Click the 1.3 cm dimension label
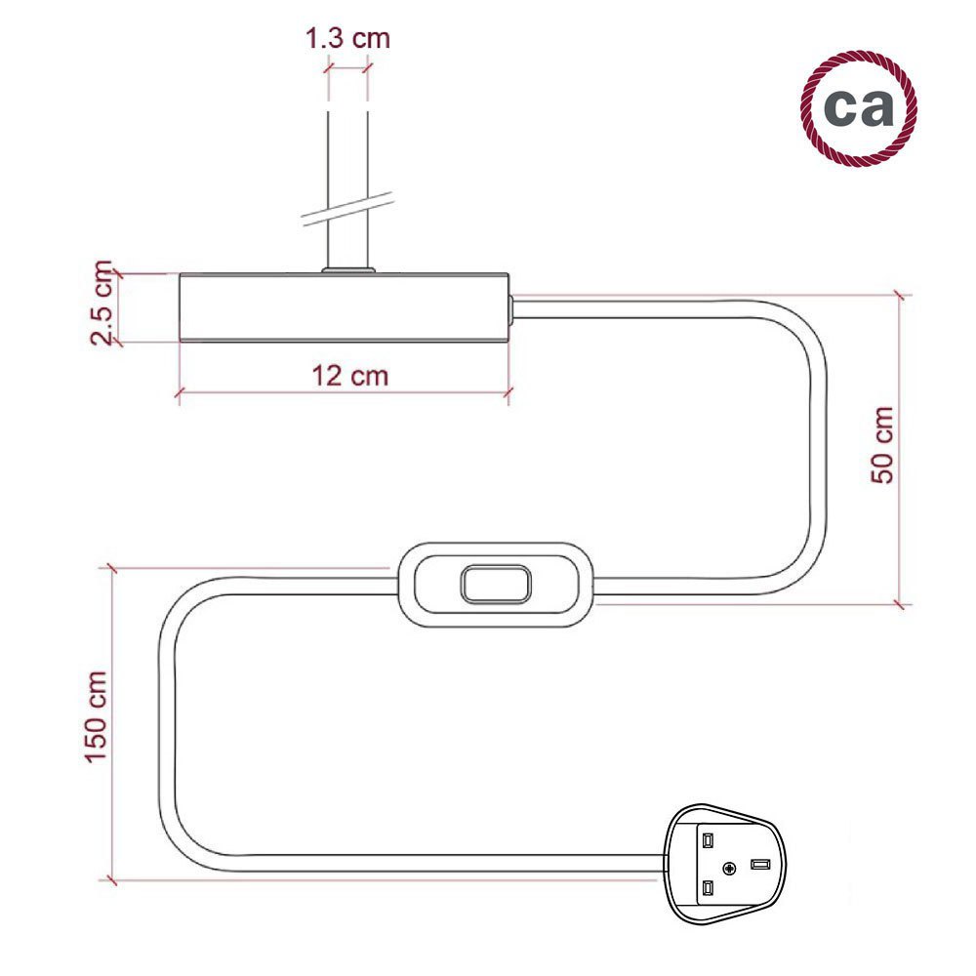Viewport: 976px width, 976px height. (347, 38)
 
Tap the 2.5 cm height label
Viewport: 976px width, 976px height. (102, 304)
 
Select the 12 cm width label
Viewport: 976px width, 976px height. (349, 376)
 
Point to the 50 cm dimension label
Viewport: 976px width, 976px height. (882, 444)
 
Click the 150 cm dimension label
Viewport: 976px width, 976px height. (96, 716)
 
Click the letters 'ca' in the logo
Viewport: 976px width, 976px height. (858, 106)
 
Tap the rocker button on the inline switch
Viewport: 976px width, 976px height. (496, 585)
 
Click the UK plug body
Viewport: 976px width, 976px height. (724, 864)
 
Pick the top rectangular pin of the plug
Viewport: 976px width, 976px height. (708, 841)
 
